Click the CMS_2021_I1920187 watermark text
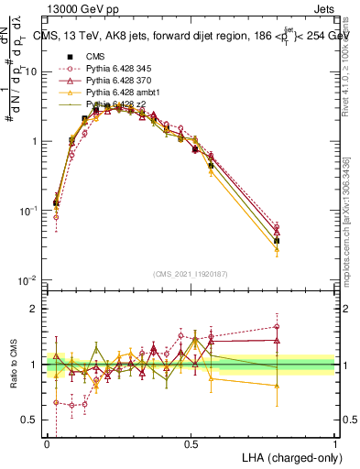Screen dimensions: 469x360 pos(191,272)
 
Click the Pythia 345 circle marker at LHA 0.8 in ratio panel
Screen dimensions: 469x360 pos(277,326)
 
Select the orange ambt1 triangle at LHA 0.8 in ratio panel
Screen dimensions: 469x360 pos(277,386)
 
